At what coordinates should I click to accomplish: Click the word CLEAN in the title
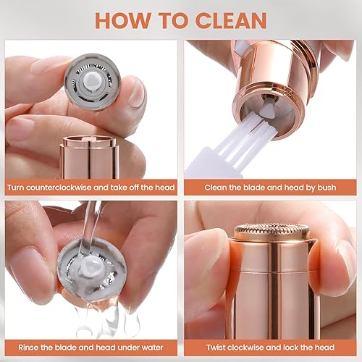[x=226, y=20]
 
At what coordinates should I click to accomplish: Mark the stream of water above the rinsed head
[x=91, y=221]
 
